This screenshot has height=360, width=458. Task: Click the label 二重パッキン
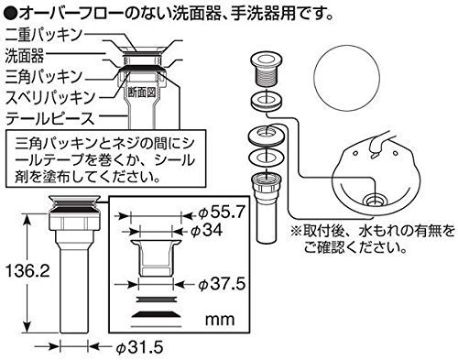pyautogui.click(x=44, y=35)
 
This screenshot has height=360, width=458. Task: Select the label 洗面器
pyautogui.click(x=25, y=56)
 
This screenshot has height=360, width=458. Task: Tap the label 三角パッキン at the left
pyautogui.click(x=44, y=76)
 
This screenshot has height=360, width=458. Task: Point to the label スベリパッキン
pyautogui.click(x=51, y=97)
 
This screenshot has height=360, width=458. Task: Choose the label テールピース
pyautogui.click(x=50, y=118)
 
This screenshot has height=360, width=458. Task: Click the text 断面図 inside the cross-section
pyautogui.click(x=142, y=92)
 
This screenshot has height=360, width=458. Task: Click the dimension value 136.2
pyautogui.click(x=27, y=270)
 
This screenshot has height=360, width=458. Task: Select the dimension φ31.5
pyautogui.click(x=140, y=347)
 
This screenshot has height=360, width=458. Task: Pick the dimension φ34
pyautogui.click(x=206, y=230)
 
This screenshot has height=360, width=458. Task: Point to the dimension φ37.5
pyautogui.click(x=222, y=284)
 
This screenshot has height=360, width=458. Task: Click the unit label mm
pyautogui.click(x=220, y=320)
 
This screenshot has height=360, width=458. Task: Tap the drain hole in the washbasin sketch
pyautogui.click(x=376, y=201)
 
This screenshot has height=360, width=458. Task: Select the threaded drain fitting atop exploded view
pyautogui.click(x=267, y=70)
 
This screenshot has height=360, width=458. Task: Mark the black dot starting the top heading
pyautogui.click(x=9, y=13)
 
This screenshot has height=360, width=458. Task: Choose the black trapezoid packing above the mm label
pyautogui.click(x=156, y=314)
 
